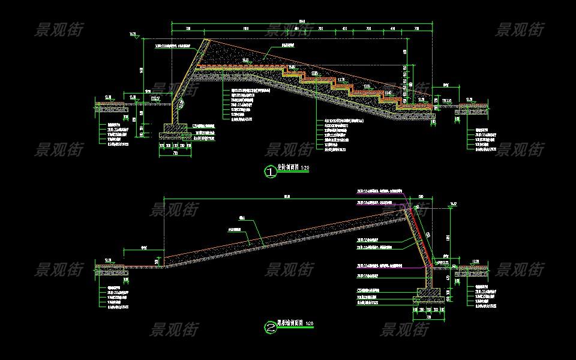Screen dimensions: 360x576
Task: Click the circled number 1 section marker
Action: point(271,172)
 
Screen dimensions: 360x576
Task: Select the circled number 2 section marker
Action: point(271,328)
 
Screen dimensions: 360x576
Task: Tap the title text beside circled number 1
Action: point(293,169)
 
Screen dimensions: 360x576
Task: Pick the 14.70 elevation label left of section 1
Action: point(133,34)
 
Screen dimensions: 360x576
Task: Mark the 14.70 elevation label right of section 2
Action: point(454,203)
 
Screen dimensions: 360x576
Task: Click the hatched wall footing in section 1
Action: point(175,128)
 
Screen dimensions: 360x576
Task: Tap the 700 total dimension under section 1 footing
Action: point(175,153)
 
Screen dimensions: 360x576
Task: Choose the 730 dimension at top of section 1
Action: point(188,28)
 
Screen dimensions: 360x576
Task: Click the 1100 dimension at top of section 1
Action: point(246,28)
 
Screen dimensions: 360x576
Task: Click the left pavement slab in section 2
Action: point(110,266)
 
